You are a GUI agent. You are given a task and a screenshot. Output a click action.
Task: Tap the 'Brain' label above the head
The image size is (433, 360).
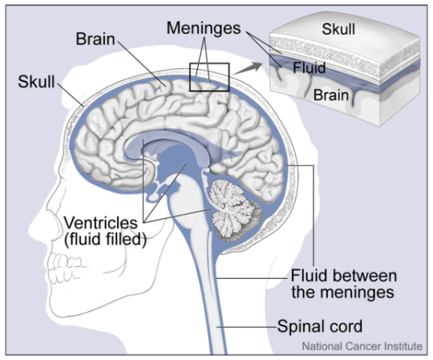[97, 38]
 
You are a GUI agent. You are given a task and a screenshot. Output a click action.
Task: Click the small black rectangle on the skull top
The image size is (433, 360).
[208, 77]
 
